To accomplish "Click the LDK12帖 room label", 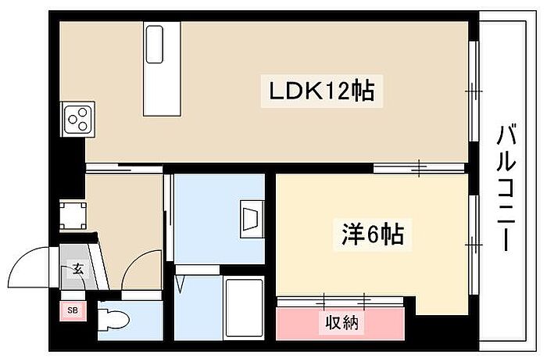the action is (x=322, y=91).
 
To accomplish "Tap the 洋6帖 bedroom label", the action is (x=373, y=235).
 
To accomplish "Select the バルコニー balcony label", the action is (x=506, y=188).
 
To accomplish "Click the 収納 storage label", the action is (x=342, y=322).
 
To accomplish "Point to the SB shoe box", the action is (x=73, y=310).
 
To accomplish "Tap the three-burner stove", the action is (x=78, y=119).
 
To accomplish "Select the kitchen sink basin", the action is (x=154, y=44).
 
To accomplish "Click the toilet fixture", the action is (x=113, y=319).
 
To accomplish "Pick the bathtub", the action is (x=244, y=307).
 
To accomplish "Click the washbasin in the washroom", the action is (x=252, y=219).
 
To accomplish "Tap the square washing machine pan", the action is (x=73, y=215).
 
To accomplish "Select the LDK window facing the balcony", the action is (x=473, y=91).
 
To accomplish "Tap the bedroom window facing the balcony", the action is (x=473, y=245).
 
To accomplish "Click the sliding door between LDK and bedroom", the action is (x=419, y=168).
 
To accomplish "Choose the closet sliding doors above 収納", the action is (x=341, y=301).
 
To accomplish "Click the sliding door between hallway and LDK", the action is (x=123, y=168).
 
